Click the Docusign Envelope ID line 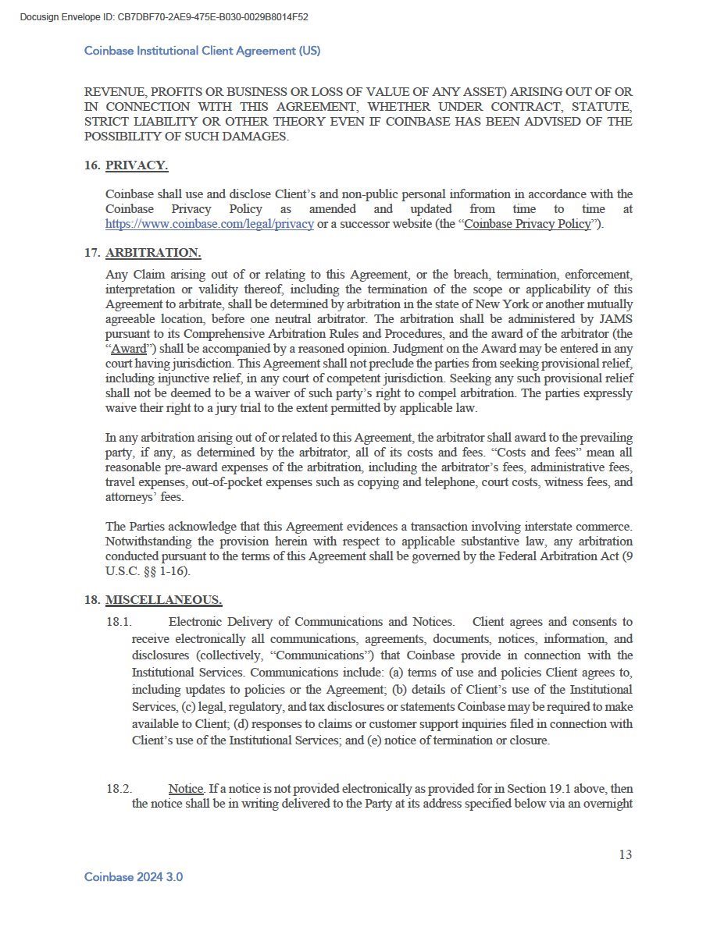click(164, 16)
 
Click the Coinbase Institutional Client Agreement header click(202, 51)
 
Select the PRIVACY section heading click(137, 165)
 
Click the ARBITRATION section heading click(153, 253)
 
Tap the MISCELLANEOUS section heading click(163, 599)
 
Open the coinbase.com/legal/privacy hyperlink click(209, 224)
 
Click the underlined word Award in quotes click(129, 348)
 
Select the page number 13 click(625, 854)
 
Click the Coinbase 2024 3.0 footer click(134, 877)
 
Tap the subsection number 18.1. click(119, 622)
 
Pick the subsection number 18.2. click(119, 789)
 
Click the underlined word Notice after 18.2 click(186, 789)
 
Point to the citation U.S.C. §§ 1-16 click(148, 571)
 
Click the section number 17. click(91, 253)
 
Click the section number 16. click(91, 165)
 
